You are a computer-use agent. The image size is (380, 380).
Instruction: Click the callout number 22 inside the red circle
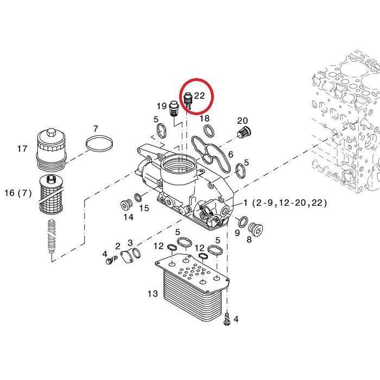pyautogui.click(x=199, y=96)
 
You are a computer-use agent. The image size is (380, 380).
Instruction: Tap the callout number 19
pyautogui.click(x=162, y=106)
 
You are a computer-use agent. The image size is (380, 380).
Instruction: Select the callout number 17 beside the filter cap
pyautogui.click(x=22, y=148)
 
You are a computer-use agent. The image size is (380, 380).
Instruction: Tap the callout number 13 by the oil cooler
pyautogui.click(x=153, y=294)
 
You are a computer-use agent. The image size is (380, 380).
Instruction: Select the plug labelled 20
pyautogui.click(x=244, y=132)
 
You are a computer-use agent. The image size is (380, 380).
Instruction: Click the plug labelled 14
pyautogui.click(x=126, y=206)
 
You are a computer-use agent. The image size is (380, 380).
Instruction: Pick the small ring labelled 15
pyautogui.click(x=138, y=198)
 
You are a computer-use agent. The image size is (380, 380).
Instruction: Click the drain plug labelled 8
pyautogui.click(x=256, y=229)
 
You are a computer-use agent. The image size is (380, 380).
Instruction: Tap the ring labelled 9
pyautogui.click(x=243, y=222)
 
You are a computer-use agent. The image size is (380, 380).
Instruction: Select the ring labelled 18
pyautogui.click(x=209, y=131)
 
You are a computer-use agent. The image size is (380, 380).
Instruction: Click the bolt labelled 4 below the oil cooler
pyautogui.click(x=226, y=319)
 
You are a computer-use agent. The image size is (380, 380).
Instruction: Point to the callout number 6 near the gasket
pyautogui.click(x=231, y=154)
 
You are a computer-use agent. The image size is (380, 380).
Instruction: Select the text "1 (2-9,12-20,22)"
pyautogui.click(x=285, y=202)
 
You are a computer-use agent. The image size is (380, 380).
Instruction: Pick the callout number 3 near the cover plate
pyautogui.click(x=130, y=243)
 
